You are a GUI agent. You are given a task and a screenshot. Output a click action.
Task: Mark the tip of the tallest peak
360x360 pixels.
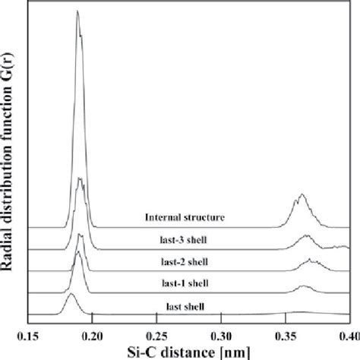(x=77, y=12)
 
